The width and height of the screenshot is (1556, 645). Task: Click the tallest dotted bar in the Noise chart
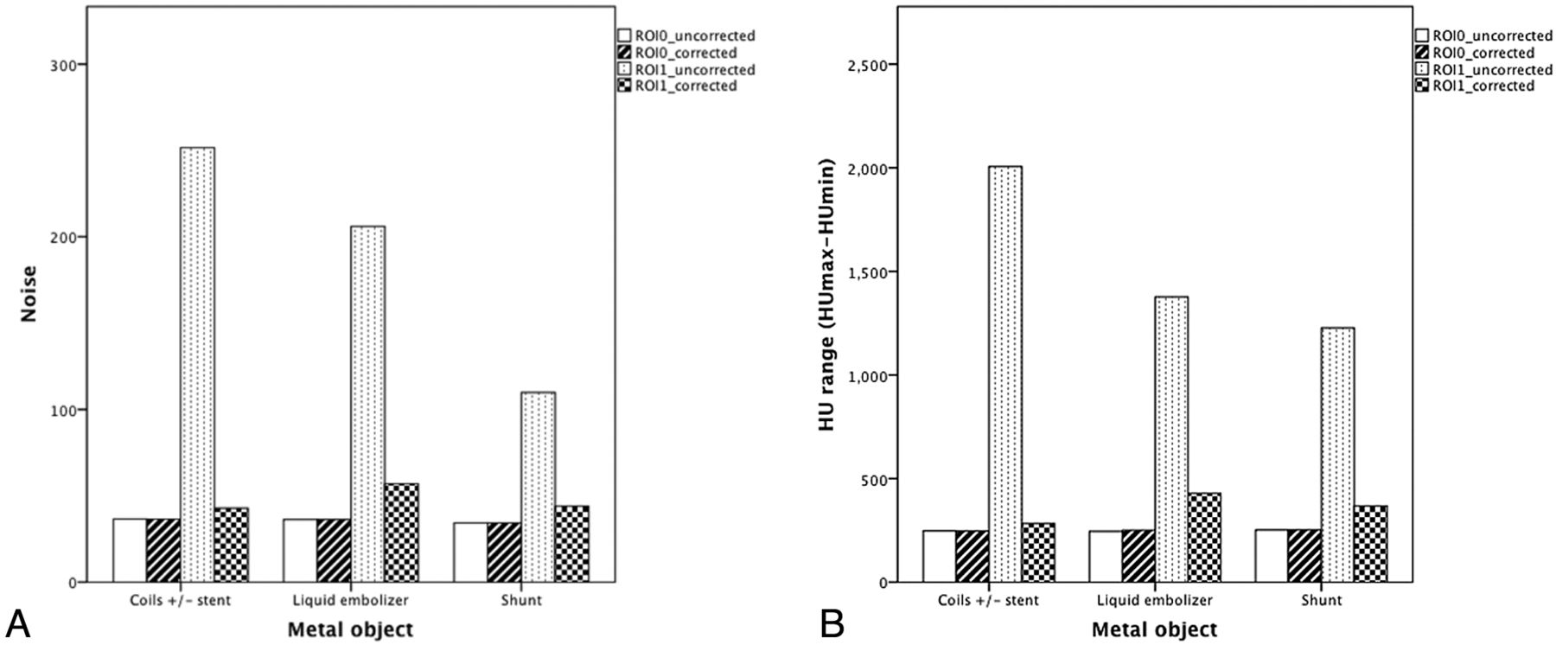point(197,364)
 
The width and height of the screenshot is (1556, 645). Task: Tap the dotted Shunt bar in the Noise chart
point(538,487)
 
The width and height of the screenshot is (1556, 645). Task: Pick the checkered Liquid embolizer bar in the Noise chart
point(401,533)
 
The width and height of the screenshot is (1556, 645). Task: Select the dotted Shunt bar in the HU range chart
point(1337,455)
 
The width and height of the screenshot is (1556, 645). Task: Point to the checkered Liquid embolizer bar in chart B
point(1204,537)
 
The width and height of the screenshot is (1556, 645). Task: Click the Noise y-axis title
point(29,294)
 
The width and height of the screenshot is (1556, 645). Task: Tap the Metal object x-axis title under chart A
point(350,629)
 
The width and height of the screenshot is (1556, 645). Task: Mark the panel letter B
point(832,623)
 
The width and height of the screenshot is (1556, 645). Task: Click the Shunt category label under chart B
point(1321,600)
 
